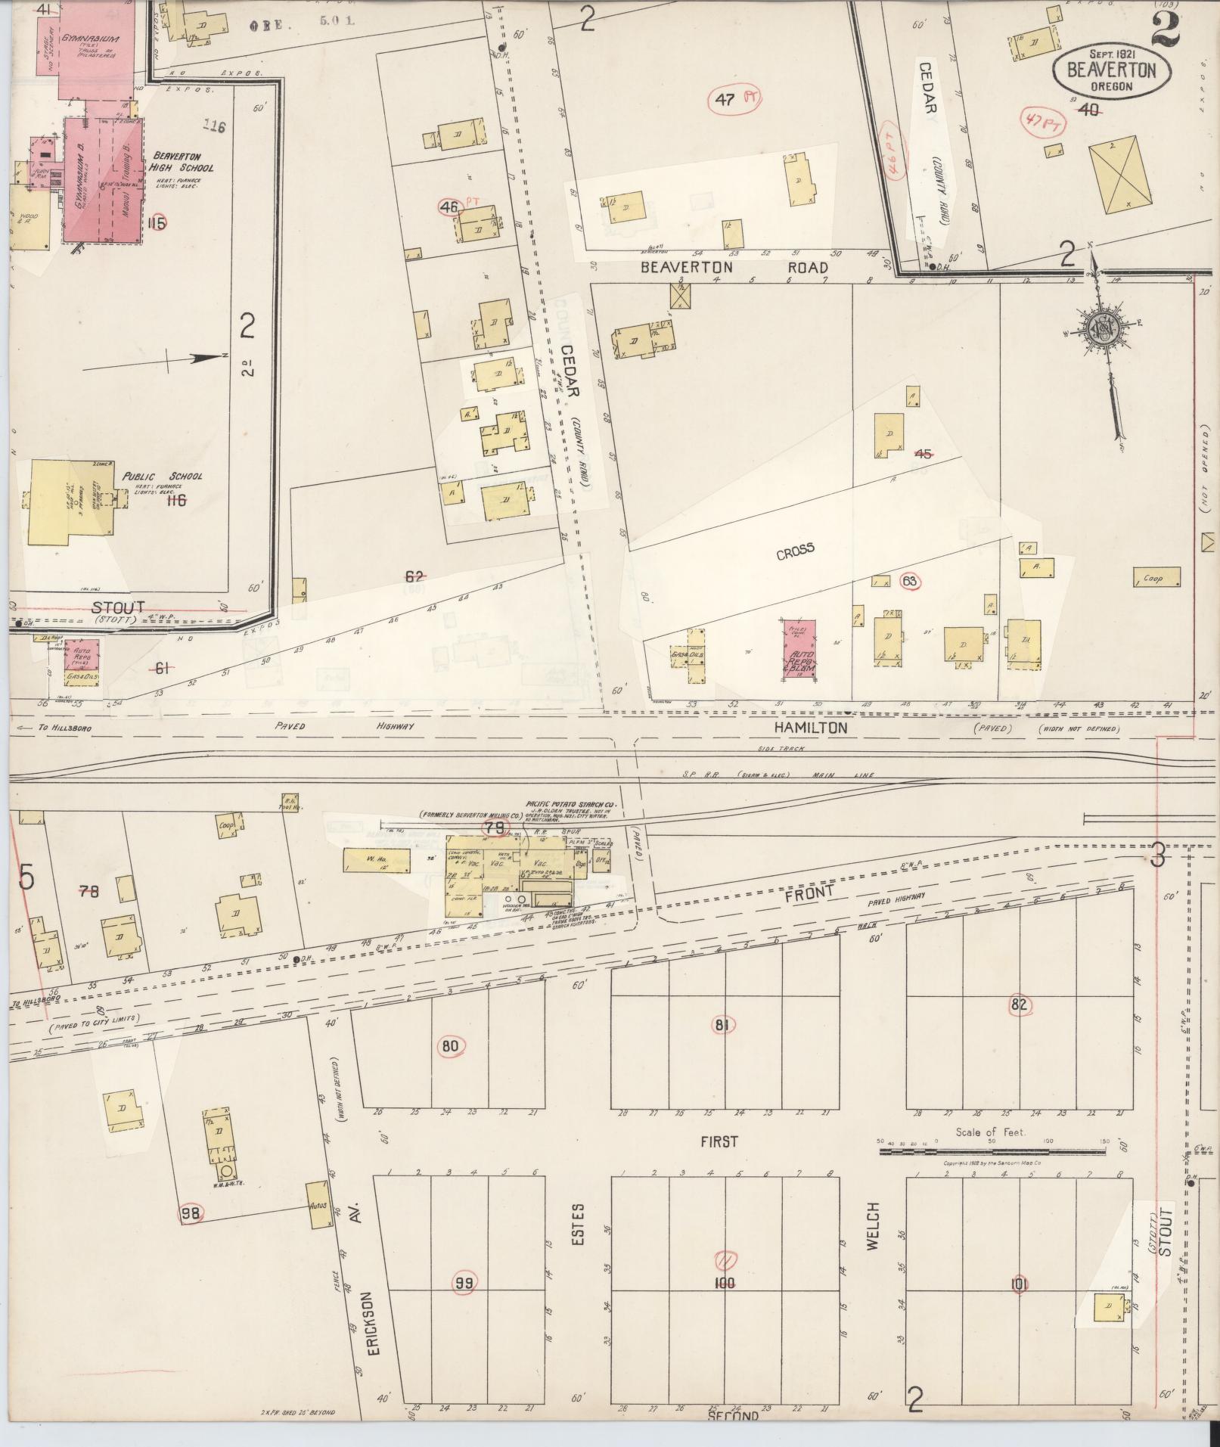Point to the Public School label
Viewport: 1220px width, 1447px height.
point(163,477)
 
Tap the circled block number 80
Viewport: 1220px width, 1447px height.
point(450,1047)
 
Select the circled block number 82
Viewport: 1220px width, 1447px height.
point(1019,1005)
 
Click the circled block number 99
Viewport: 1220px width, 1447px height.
point(464,1282)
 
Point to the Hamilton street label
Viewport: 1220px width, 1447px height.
point(809,727)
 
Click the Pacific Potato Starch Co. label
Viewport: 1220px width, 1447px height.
point(571,806)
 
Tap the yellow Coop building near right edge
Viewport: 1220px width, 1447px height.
point(1156,577)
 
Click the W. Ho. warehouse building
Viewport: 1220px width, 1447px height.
point(376,859)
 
